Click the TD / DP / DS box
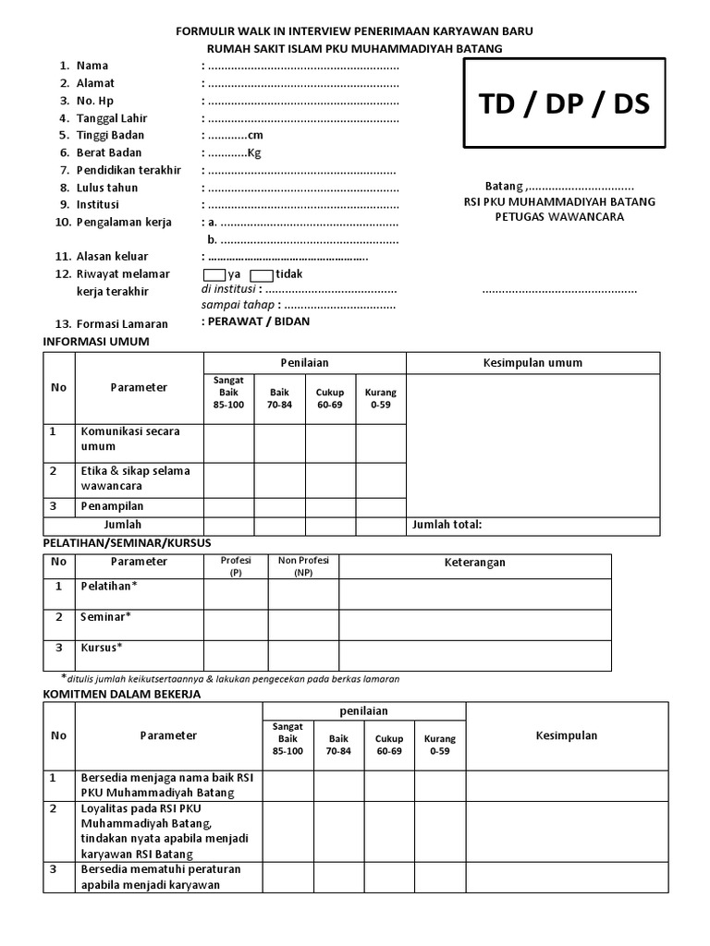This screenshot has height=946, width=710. click(564, 103)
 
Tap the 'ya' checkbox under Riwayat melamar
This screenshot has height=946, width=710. click(214, 274)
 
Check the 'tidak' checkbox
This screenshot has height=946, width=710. click(261, 274)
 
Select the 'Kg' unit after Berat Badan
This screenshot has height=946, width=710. click(254, 153)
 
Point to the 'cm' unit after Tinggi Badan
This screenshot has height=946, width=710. click(255, 136)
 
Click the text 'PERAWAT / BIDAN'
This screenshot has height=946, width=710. click(257, 321)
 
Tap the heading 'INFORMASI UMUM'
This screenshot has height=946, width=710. click(96, 342)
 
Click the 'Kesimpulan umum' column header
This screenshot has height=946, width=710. click(532, 362)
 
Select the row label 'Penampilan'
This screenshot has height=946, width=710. click(112, 506)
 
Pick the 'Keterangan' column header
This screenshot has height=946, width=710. click(475, 562)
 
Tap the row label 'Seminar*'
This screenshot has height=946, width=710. click(106, 616)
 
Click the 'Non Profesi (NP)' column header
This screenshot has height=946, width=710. click(303, 565)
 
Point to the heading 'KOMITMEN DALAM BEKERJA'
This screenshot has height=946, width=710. click(121, 694)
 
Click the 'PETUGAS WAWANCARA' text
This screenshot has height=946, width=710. click(559, 217)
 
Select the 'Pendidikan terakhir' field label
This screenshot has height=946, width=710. click(128, 171)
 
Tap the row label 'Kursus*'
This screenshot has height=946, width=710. click(102, 647)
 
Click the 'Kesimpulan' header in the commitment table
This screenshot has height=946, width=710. click(566, 735)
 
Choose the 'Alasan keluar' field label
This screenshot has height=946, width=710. click(114, 257)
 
